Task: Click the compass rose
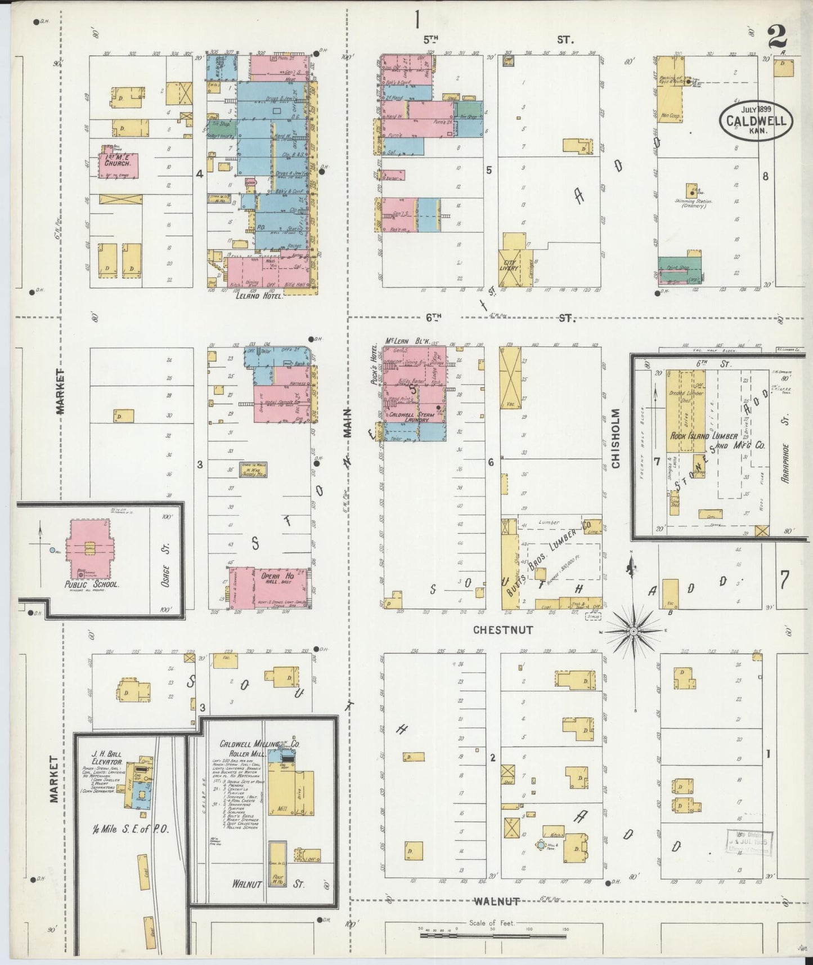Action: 634,632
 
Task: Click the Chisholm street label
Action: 616,438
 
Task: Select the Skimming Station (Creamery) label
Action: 693,203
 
